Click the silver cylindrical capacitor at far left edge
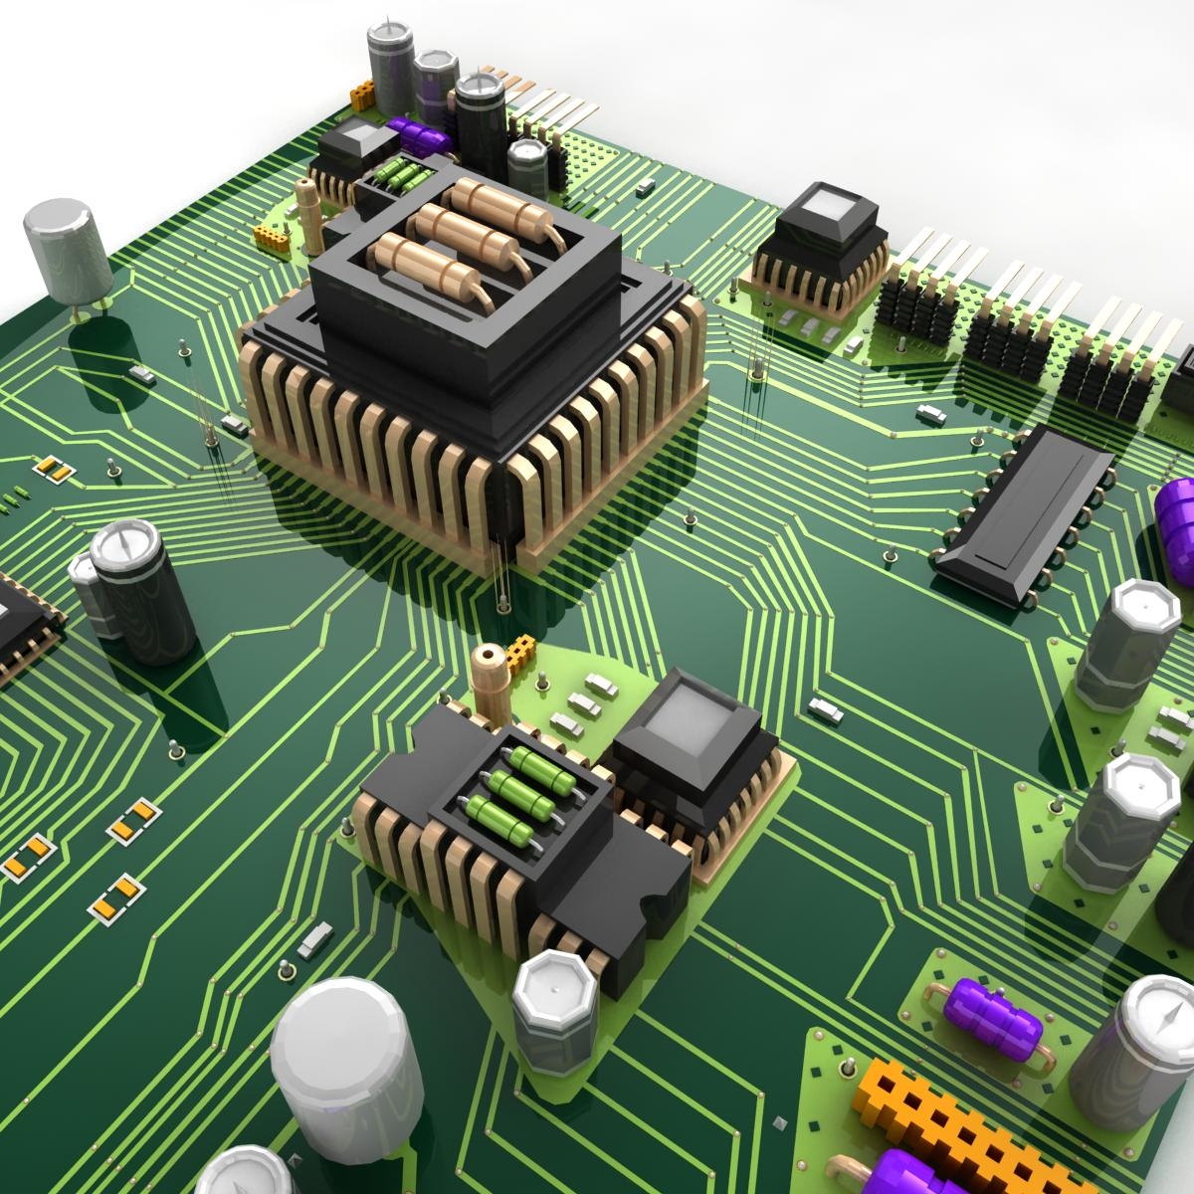(65, 249)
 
